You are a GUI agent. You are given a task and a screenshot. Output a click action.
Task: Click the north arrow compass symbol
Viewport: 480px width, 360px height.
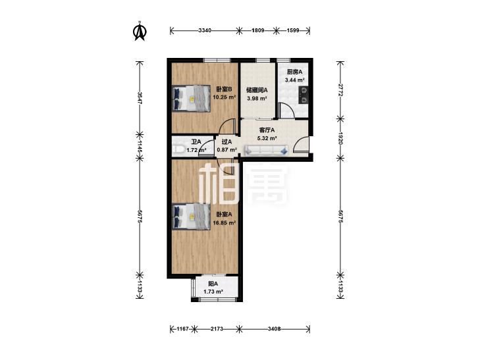click(x=140, y=31)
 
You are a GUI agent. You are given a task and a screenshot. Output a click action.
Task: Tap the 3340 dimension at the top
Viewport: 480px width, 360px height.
click(x=205, y=30)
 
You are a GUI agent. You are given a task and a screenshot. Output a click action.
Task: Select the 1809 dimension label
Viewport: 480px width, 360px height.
click(x=257, y=30)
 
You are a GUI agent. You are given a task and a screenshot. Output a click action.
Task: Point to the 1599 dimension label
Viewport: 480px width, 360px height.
click(x=293, y=30)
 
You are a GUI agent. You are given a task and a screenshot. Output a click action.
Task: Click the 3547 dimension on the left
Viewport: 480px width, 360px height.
click(x=140, y=98)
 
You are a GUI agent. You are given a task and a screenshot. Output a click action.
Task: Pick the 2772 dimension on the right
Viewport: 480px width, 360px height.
click(x=340, y=90)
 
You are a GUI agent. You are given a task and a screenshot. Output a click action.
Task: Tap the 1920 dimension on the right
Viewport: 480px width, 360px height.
click(x=340, y=138)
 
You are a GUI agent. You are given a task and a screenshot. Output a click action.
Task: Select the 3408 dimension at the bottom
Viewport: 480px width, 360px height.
click(x=275, y=329)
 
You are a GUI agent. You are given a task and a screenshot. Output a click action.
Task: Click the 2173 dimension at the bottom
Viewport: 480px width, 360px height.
click(x=217, y=329)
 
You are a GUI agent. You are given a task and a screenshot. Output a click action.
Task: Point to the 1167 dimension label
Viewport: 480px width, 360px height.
click(x=183, y=329)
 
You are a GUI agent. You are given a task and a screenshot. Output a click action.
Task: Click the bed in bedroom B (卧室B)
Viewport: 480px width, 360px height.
click(x=191, y=98)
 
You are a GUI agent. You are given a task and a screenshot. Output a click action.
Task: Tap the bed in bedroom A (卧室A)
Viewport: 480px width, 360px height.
click(x=191, y=217)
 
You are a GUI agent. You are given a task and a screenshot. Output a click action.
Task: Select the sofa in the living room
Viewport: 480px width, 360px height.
click(x=266, y=150)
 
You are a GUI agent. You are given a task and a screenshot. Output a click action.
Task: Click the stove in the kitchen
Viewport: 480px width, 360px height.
click(x=304, y=95)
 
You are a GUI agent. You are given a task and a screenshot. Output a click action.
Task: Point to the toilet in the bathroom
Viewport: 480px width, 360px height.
click(x=178, y=149)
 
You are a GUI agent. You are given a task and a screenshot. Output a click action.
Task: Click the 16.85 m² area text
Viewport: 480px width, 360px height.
click(x=225, y=222)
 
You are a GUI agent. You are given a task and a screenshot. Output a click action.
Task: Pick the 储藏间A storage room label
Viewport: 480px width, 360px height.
click(x=257, y=90)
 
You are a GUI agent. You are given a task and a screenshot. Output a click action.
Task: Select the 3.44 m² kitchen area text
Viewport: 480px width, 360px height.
click(x=294, y=80)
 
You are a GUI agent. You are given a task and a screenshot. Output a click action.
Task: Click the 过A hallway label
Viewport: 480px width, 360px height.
click(x=227, y=142)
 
